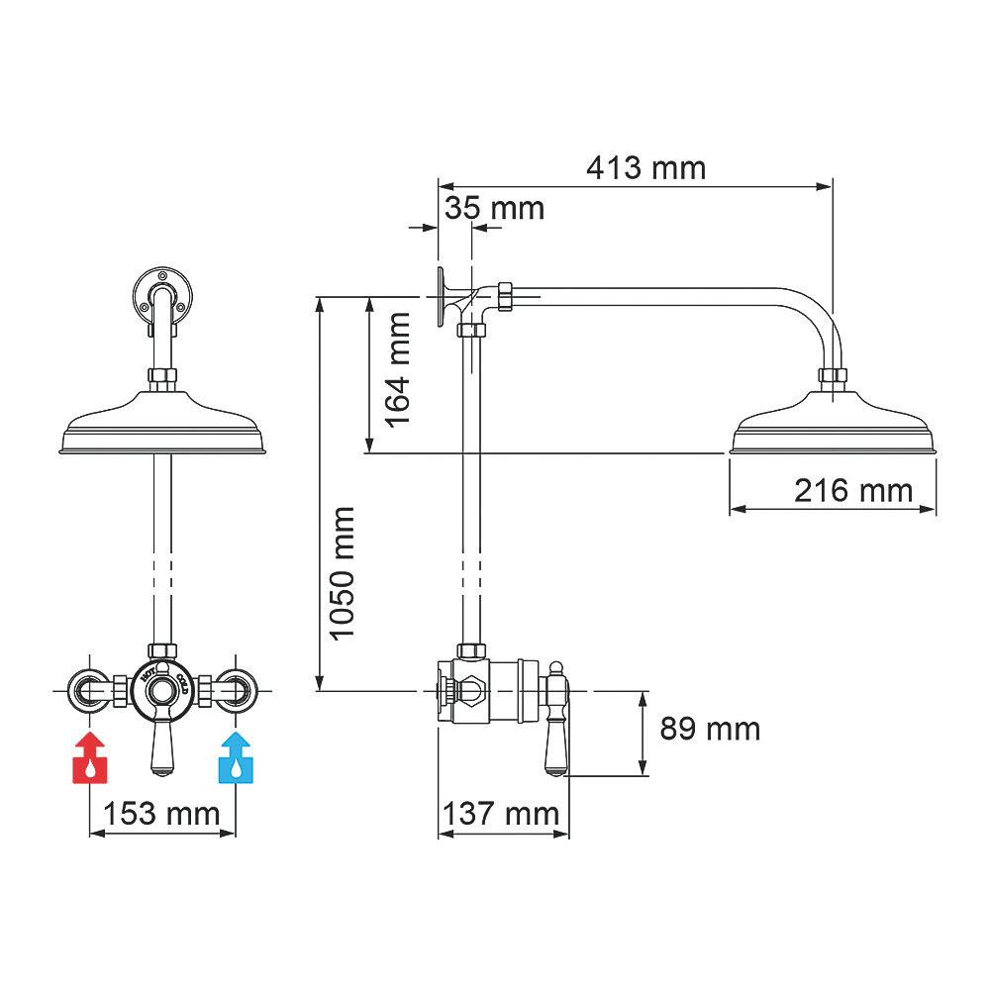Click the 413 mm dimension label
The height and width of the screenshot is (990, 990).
tap(645, 167)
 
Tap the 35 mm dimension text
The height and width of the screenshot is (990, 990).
tap(494, 208)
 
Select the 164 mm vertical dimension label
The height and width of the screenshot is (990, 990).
tap(398, 368)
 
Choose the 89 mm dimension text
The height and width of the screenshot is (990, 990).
tap(710, 730)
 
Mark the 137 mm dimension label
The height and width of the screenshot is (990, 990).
tap(500, 814)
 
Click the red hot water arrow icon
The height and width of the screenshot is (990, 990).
tap(90, 758)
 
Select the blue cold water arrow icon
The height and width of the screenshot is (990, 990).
tap(236, 758)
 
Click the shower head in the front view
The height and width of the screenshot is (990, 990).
tap(164, 429)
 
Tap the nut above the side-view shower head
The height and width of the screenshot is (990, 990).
tap(833, 376)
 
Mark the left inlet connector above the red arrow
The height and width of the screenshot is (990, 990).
tap(90, 688)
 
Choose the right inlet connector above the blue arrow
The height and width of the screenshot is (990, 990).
tap(236, 688)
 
